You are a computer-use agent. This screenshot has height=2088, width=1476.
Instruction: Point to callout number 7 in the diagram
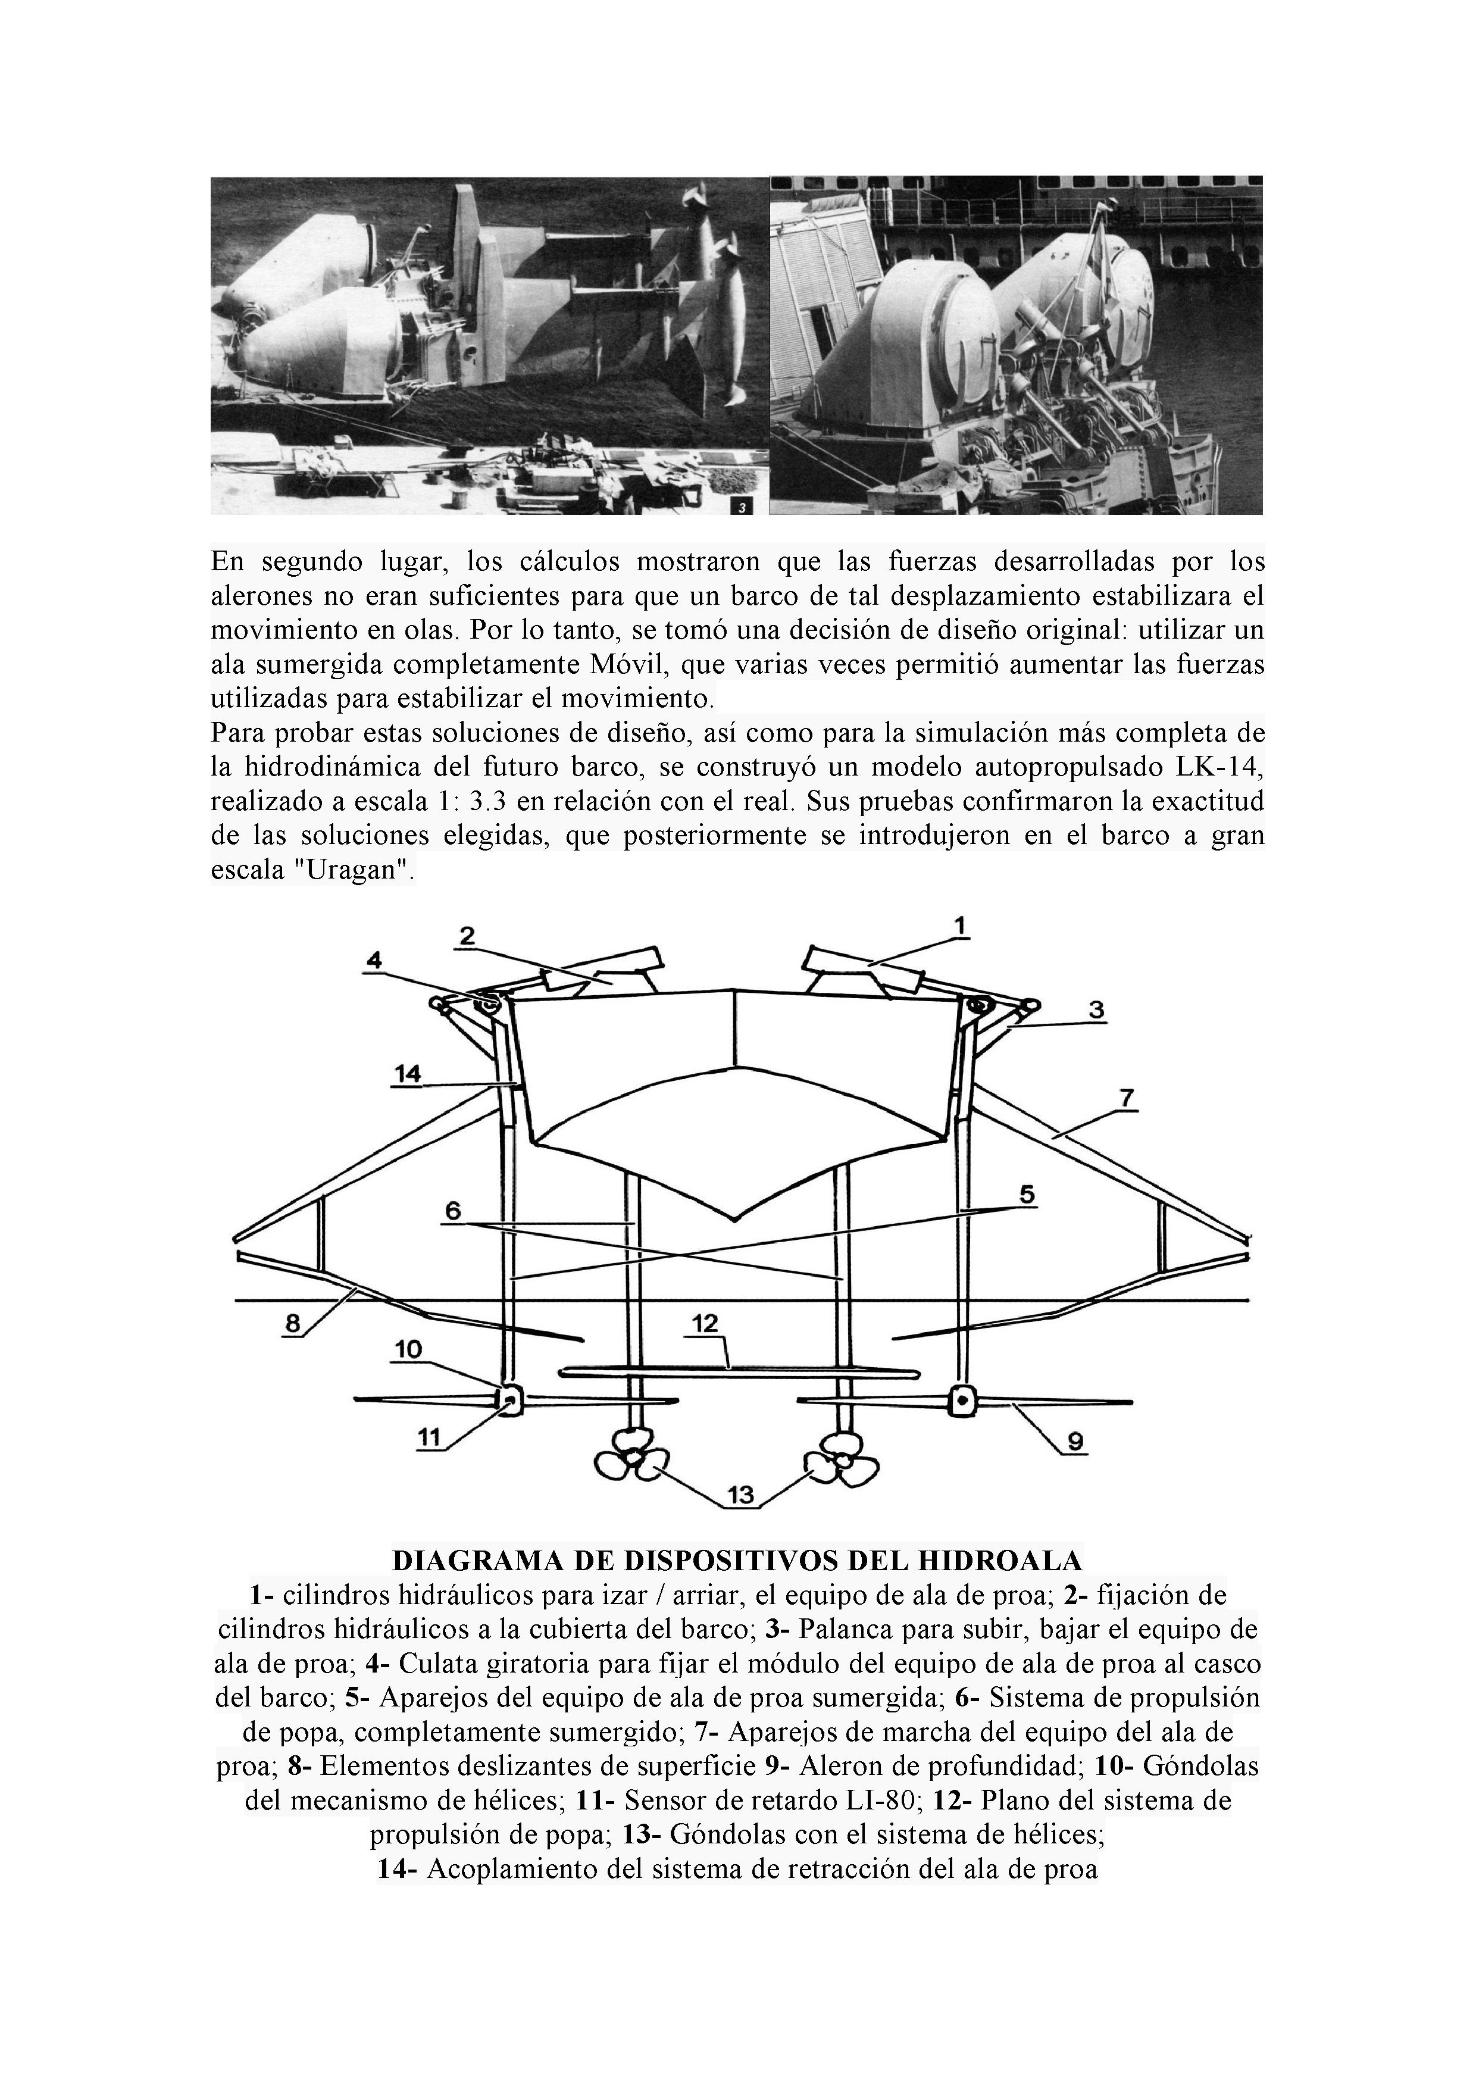[x=1126, y=1098]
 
